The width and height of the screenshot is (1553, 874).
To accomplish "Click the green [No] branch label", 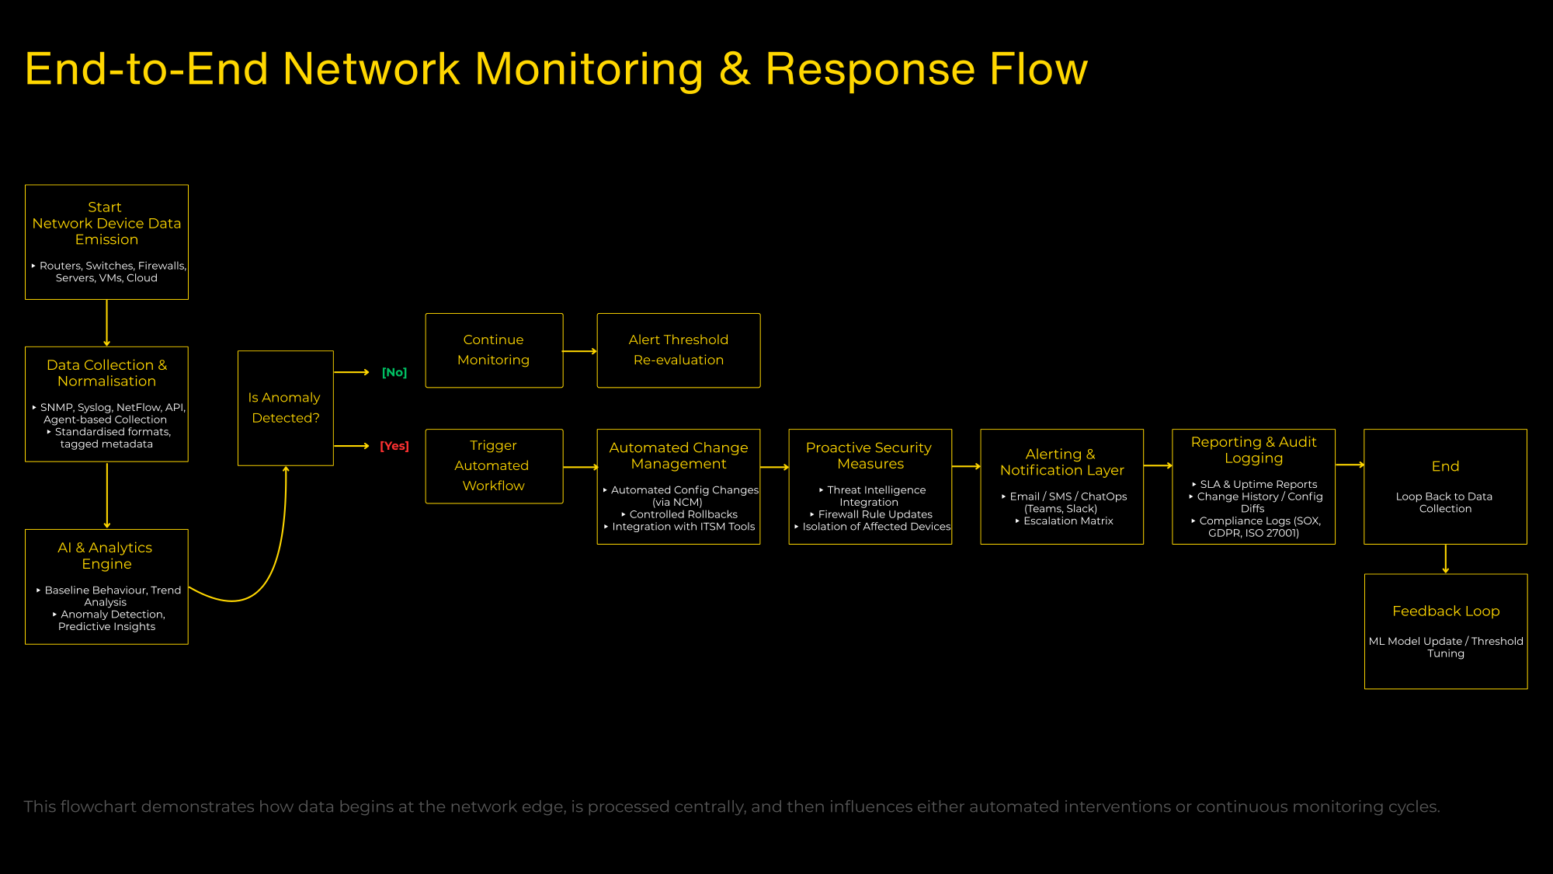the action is [394, 373].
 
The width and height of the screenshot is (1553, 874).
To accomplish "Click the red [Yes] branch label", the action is [394, 446].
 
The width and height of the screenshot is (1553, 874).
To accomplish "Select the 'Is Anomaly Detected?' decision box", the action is [286, 408].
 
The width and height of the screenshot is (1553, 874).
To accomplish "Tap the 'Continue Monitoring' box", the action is [494, 350].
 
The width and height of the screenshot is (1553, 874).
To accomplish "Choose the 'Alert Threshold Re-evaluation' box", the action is [679, 350].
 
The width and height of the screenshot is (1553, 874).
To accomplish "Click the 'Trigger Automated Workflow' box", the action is [494, 466].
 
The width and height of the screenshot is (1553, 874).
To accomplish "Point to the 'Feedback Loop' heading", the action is [1446, 611].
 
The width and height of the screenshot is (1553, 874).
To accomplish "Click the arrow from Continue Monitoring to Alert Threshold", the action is [580, 351].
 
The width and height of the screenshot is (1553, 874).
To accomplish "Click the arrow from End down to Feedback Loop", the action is [1446, 559].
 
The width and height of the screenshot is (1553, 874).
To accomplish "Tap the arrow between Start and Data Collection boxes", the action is [107, 323].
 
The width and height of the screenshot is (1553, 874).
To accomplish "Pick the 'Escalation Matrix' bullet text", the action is [1068, 521].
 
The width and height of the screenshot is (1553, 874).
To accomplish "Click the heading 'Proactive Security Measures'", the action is [870, 456].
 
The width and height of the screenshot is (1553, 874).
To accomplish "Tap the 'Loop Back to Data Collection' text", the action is [1445, 503].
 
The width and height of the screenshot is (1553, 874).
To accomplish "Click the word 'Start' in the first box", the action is [105, 207].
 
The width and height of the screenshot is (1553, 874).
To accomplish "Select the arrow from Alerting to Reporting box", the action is [1158, 466].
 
